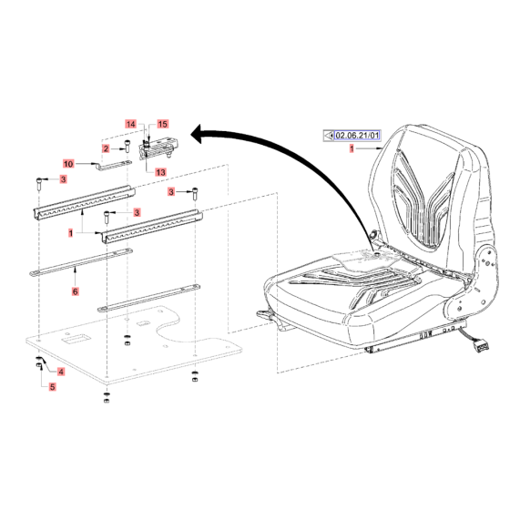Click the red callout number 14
[130, 123]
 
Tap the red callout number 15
[163, 123]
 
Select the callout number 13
[160, 172]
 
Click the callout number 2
[106, 148]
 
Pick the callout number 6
[75, 292]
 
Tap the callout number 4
[61, 372]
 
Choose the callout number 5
[52, 387]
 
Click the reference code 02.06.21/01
[357, 136]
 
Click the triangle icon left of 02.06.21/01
[330, 136]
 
